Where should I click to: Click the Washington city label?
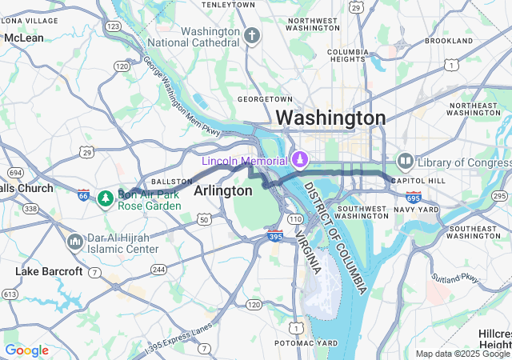coord(330,118)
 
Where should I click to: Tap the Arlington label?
coord(222,190)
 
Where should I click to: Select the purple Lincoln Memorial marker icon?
coord(299,160)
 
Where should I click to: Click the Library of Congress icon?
coord(404,162)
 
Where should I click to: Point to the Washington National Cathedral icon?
coord(252,36)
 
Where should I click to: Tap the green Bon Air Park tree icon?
coord(104,198)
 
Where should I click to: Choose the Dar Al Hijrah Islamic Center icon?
coord(74,241)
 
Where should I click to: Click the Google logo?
coord(26,350)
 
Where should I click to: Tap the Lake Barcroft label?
coord(49,272)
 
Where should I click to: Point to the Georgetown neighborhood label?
coord(261,99)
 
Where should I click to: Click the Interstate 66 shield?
coord(83,194)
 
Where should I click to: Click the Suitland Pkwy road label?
coord(456,282)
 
